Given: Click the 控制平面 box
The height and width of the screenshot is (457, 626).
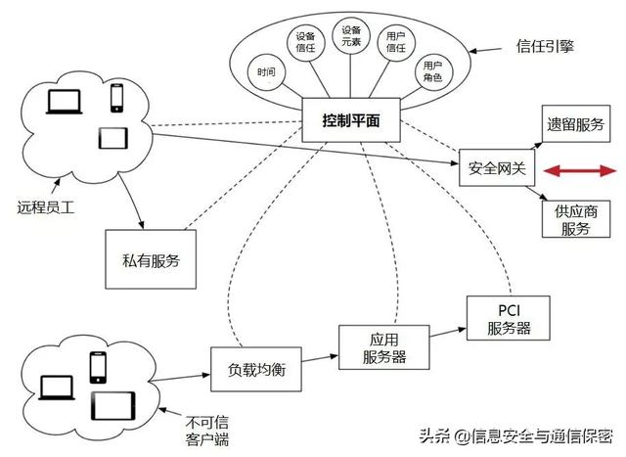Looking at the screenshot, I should click(x=350, y=120).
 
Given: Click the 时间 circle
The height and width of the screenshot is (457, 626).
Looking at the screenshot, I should click(x=267, y=72).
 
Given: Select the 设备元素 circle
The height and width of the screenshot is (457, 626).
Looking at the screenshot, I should click(x=350, y=37).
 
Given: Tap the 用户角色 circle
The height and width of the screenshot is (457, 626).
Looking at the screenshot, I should click(x=431, y=70).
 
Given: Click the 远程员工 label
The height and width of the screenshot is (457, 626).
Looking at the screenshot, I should click(x=45, y=206).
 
